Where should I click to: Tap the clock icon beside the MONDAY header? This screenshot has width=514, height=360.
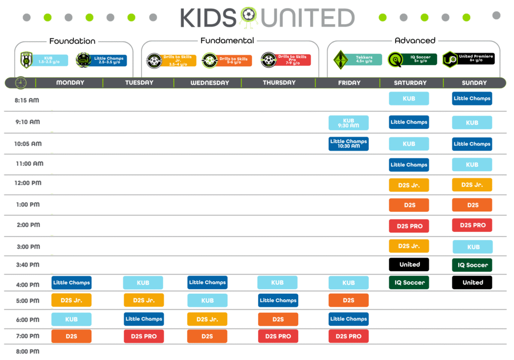point(21,82)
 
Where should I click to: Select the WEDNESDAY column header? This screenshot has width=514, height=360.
point(209,83)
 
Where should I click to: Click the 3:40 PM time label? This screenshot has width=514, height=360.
point(27,265)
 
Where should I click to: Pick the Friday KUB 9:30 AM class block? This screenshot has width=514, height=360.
point(348,123)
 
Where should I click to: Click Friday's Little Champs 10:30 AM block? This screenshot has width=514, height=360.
point(348,144)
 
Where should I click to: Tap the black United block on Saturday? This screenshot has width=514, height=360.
point(409,265)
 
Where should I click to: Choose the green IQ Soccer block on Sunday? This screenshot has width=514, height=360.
point(472,265)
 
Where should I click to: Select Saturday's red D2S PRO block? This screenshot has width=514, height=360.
point(409,226)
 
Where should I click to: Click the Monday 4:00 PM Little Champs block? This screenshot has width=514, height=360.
point(71,283)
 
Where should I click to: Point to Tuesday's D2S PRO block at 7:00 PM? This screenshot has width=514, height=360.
point(144,336)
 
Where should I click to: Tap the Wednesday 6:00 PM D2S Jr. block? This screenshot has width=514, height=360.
point(207,319)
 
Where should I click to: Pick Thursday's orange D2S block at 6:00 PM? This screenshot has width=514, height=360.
point(278,319)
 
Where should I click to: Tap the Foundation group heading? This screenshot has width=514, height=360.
point(72,41)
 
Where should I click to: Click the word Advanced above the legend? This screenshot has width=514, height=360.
point(415,40)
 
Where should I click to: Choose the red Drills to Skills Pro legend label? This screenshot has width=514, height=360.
point(292,60)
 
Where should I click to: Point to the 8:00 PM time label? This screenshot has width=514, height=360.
point(27,351)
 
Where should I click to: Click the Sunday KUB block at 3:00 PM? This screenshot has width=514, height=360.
point(472,247)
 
